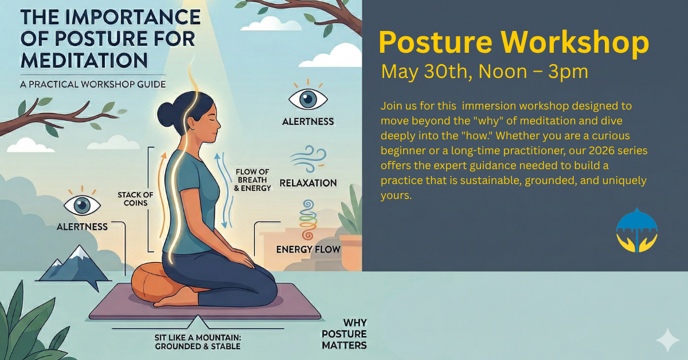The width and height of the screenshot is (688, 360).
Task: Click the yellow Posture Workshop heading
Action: (514, 42)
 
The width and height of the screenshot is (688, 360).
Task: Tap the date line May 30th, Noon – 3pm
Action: (484, 72)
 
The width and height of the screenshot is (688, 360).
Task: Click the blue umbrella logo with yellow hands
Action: (637, 230)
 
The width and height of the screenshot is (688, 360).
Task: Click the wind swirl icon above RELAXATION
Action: (308, 158)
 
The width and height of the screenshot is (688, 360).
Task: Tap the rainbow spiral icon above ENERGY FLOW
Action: (308, 220)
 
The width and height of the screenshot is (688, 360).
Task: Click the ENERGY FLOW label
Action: (308, 249)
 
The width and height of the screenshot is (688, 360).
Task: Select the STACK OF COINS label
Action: (135, 199)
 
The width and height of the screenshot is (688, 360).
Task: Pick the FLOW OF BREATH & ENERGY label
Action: (252, 179)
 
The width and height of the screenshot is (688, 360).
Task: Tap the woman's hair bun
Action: (166, 114)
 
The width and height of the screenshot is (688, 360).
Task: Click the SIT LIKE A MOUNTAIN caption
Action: (198, 342)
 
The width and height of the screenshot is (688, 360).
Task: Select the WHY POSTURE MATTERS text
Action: (344, 334)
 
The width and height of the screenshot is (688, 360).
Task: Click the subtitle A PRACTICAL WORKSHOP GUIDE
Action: (93, 84)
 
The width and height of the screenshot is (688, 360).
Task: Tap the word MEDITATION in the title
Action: (84, 60)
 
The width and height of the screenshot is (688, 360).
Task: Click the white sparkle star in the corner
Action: (667, 340)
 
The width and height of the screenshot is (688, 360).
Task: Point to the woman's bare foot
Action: (175, 299)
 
